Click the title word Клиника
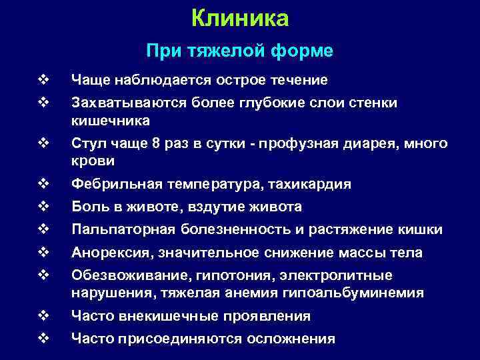[240, 19]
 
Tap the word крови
[93, 161]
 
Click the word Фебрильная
[109, 184]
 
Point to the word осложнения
[291, 339]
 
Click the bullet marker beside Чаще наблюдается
[44, 80]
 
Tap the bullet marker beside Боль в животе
[44, 207]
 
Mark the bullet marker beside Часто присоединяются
[44, 339]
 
